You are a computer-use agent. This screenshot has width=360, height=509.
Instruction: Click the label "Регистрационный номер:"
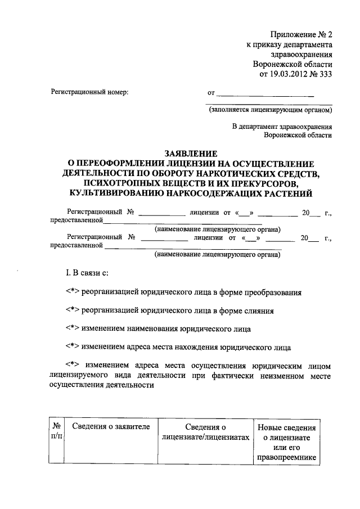tap(89, 92)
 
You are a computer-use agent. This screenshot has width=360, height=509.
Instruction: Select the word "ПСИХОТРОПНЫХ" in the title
tap(119, 183)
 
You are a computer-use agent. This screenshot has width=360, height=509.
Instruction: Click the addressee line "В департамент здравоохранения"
tap(282, 127)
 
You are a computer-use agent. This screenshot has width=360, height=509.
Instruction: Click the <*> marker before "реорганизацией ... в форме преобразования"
tap(73, 292)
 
